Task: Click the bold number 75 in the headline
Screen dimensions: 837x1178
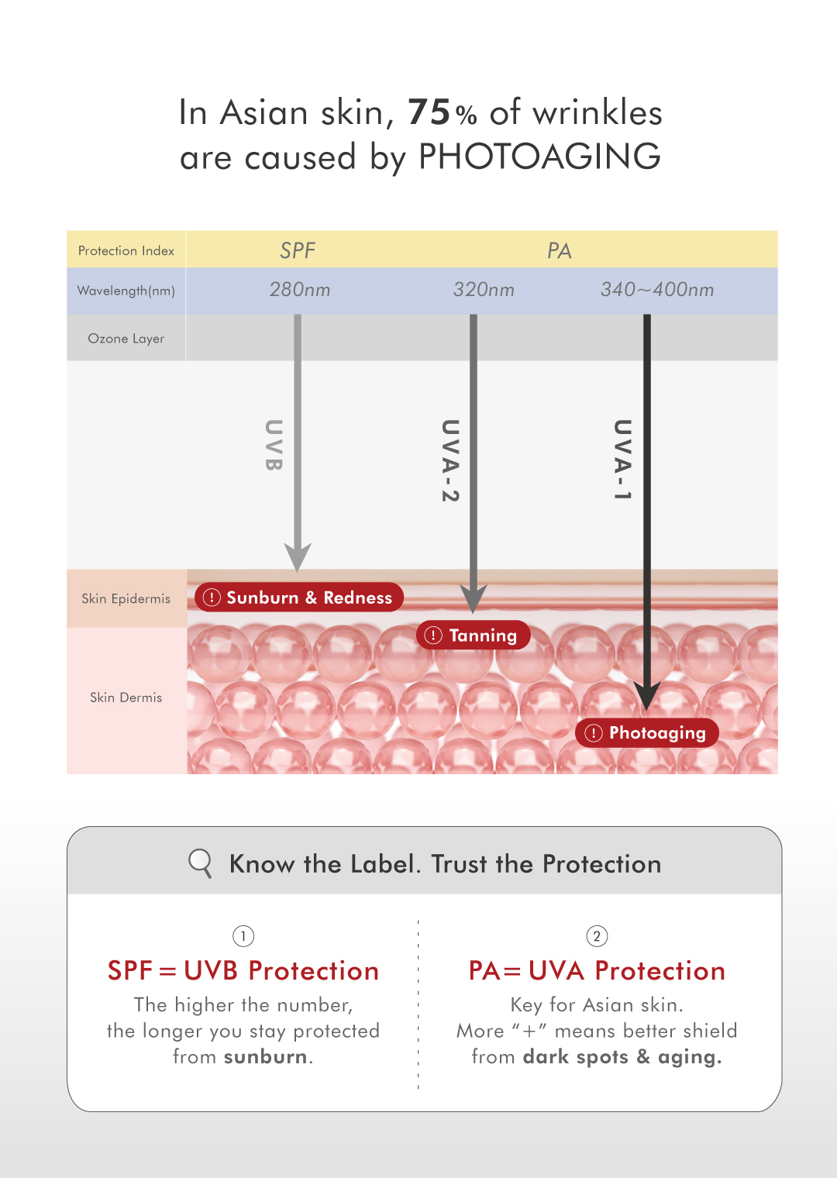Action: click(x=429, y=112)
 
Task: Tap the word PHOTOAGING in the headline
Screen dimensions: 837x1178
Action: click(x=539, y=157)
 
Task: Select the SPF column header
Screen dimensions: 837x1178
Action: click(x=298, y=250)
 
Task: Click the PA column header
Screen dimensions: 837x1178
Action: click(x=559, y=250)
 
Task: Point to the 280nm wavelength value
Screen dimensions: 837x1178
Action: click(x=300, y=290)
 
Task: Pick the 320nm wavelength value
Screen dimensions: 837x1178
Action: click(x=484, y=290)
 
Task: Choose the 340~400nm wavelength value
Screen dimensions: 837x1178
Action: click(x=657, y=290)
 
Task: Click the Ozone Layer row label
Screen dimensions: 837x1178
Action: click(x=126, y=339)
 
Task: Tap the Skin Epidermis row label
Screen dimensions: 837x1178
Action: click(x=126, y=598)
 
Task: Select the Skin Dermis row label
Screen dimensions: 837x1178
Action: click(x=126, y=697)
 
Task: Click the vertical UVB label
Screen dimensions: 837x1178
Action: click(x=274, y=445)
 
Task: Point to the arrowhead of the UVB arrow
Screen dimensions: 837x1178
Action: click(x=298, y=556)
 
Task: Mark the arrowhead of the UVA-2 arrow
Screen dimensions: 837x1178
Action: click(x=474, y=598)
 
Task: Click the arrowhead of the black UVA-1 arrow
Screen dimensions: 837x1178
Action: click(x=647, y=695)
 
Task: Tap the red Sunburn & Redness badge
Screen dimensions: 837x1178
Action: click(x=299, y=598)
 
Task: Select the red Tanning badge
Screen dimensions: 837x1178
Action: click(x=474, y=635)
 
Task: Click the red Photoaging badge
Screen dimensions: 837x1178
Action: click(x=647, y=733)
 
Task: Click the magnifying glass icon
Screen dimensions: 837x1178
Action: click(x=200, y=863)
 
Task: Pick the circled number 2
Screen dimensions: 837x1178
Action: click(x=597, y=936)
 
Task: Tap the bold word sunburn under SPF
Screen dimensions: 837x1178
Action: click(x=266, y=1057)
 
